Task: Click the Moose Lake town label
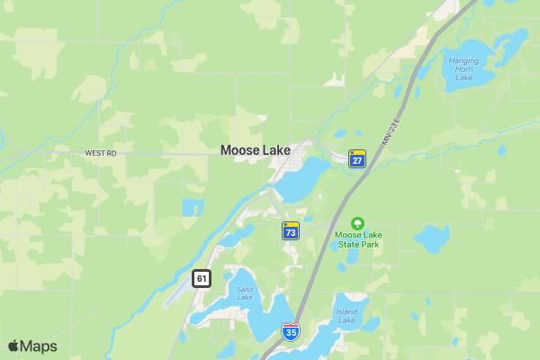coord(256,150)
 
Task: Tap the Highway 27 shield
coord(357,158)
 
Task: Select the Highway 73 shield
coord(291,231)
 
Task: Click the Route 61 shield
coord(201,279)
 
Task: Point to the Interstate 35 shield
coord(290,331)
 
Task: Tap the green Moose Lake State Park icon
coord(358,222)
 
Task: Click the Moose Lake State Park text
coord(358,239)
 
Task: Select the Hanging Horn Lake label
coord(463,68)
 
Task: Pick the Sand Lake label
coord(245,293)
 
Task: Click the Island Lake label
coord(346,317)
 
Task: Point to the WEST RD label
coord(101,154)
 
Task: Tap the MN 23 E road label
coord(389,127)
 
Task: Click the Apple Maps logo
coord(32,346)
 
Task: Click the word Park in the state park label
coord(369,244)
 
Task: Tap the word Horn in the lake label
coord(463,68)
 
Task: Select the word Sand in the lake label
coord(245,289)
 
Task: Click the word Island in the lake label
coord(346,312)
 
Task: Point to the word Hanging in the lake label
coord(463,60)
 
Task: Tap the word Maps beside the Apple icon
coord(40,346)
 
